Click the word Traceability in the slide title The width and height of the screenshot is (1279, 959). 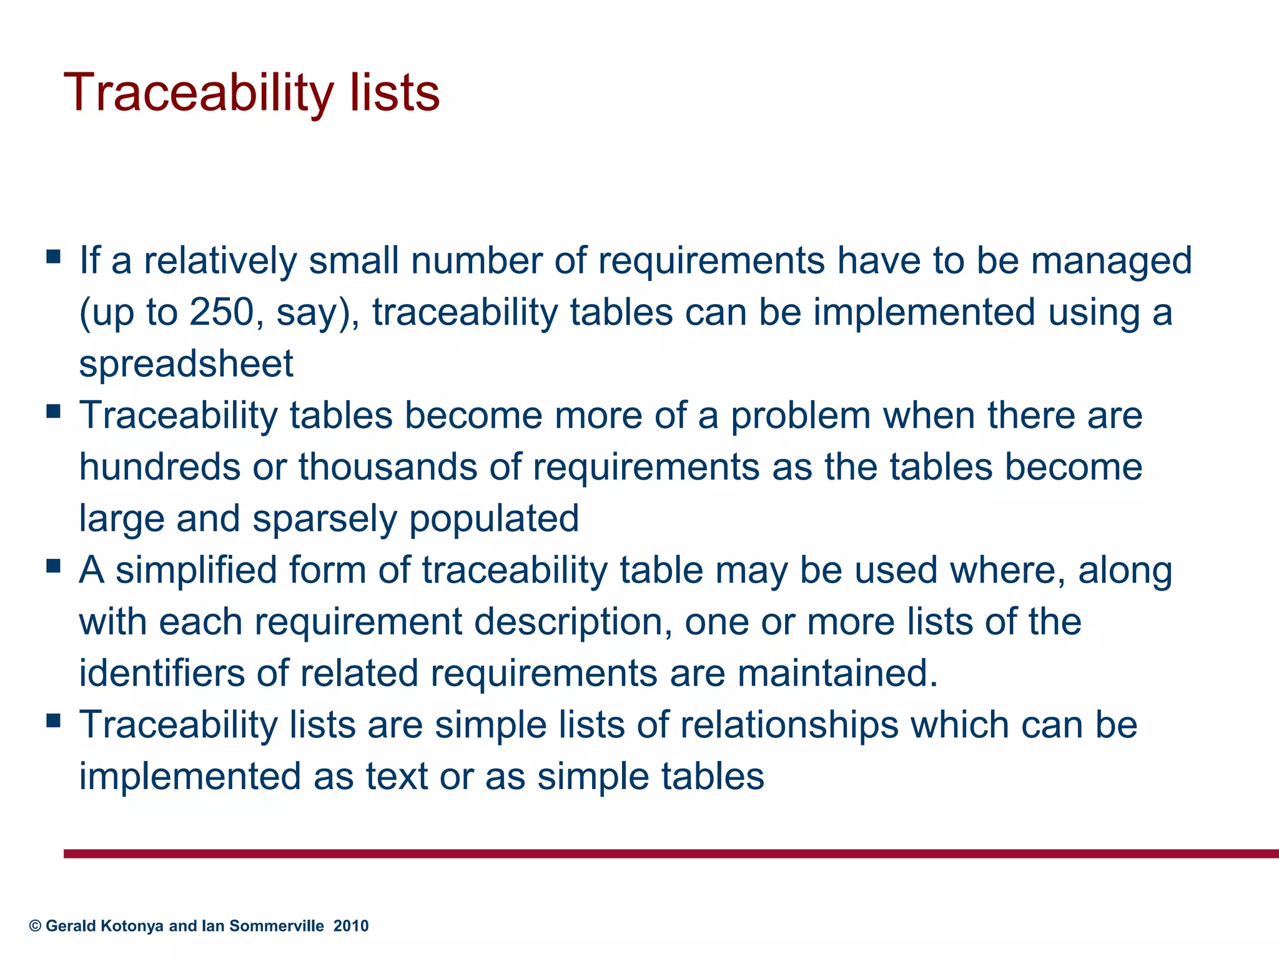tap(199, 94)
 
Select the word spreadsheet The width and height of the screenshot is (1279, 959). tap(186, 364)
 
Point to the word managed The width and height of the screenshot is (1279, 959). tap(1111, 262)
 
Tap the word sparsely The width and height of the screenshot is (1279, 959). tap(324, 519)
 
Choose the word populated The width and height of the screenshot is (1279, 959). tap(494, 519)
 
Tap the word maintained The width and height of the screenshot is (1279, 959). tap(837, 674)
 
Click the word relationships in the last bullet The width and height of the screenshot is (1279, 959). tap(789, 725)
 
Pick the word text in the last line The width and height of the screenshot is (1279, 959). tap(397, 777)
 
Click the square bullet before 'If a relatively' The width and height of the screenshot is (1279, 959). tap(54, 256)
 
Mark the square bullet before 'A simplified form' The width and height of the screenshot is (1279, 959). tap(54, 566)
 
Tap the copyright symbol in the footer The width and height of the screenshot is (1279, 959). tap(35, 926)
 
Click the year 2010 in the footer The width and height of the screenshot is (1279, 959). tap(351, 926)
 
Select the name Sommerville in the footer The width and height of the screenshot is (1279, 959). tap(277, 926)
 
